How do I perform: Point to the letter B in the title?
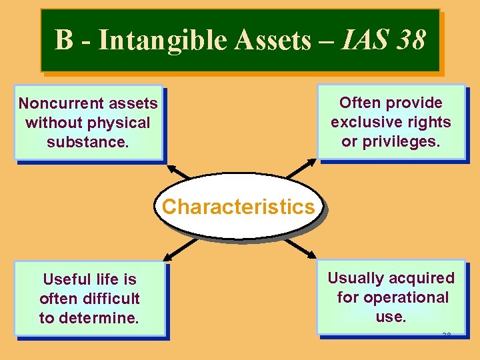(63, 40)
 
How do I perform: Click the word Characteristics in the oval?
(238, 207)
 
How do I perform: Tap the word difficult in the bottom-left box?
(107, 299)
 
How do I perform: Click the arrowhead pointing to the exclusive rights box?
(313, 162)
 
